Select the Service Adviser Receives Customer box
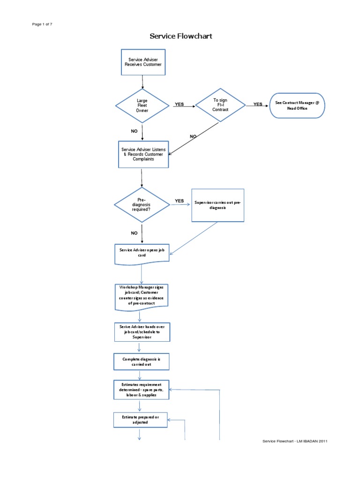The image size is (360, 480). coord(143,62)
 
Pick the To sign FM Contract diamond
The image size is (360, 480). coord(220,105)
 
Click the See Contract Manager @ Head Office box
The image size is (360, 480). coord(297,105)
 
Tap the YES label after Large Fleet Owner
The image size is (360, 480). coord(179,105)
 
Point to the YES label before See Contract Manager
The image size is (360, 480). coord(258,105)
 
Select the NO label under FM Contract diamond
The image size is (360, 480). coord(193,136)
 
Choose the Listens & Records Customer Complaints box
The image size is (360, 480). coord(143,154)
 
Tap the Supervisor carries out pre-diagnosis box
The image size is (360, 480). coord(218,205)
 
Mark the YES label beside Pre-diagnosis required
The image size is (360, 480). coord(179,201)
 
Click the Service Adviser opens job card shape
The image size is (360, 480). coord(142,253)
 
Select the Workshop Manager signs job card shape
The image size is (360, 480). coord(142,297)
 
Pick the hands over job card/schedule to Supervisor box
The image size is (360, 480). coord(142,332)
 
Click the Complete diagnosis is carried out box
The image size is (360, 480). coord(142,361)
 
